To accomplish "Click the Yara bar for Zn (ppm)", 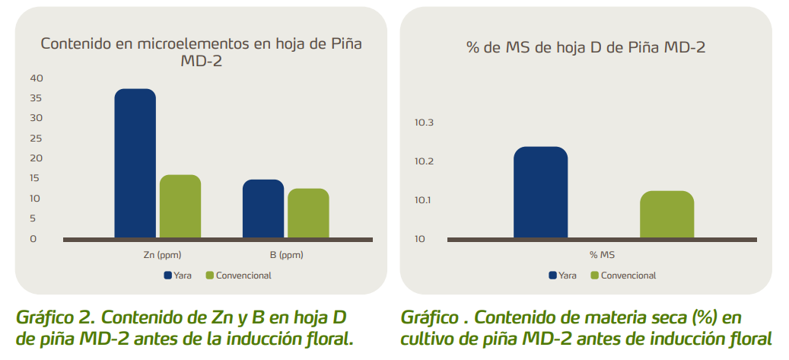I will point(135,164).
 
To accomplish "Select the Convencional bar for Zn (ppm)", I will point(180,206).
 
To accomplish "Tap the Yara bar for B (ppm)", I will point(263,209).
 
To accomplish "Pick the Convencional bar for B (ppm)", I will point(308,213).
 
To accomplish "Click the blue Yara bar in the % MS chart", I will point(540,193).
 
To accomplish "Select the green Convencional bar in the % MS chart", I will point(667,215).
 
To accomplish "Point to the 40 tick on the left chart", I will point(37,78).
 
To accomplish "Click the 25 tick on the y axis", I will point(37,138).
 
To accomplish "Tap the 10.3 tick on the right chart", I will point(424,123).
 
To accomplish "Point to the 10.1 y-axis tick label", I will point(424,201).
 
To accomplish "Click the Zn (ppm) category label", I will point(157,255).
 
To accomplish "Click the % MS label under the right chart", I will point(603,255).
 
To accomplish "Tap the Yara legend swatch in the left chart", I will point(167,276).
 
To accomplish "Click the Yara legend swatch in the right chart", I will point(552,276).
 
